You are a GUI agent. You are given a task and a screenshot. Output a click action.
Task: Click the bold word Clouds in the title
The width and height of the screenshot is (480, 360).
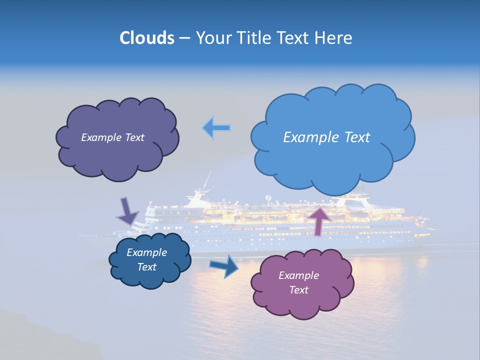point(146,38)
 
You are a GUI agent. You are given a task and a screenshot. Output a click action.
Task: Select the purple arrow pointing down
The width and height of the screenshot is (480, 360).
point(128,211)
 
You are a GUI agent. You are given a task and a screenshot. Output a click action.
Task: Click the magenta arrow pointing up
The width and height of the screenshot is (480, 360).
point(319,219)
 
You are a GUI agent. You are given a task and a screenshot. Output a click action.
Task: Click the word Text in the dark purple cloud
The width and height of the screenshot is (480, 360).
point(134,137)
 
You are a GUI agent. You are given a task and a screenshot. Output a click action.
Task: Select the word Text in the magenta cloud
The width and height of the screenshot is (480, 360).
point(298,290)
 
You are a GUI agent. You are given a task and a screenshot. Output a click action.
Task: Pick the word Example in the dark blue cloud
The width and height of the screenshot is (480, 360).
point(146,252)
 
